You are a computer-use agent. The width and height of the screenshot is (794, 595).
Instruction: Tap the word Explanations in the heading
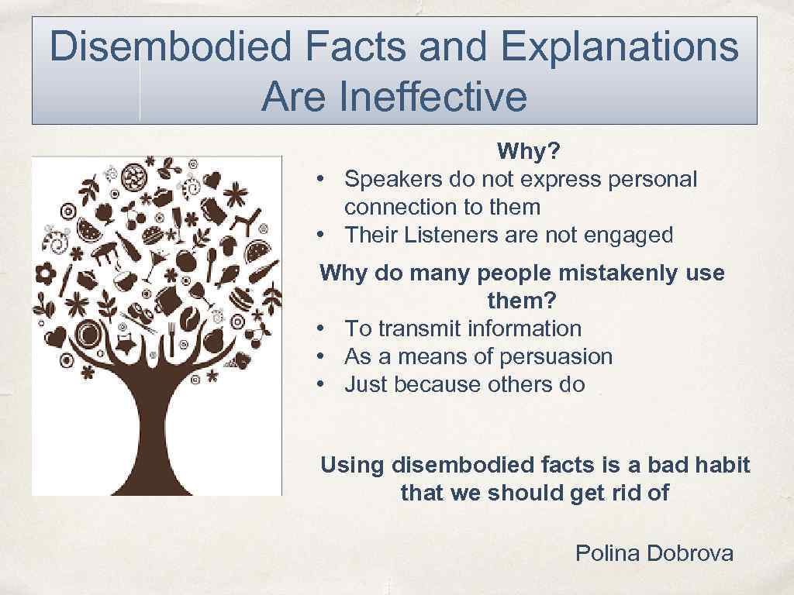[620, 48]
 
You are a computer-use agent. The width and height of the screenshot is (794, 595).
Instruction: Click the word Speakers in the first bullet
[392, 180]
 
